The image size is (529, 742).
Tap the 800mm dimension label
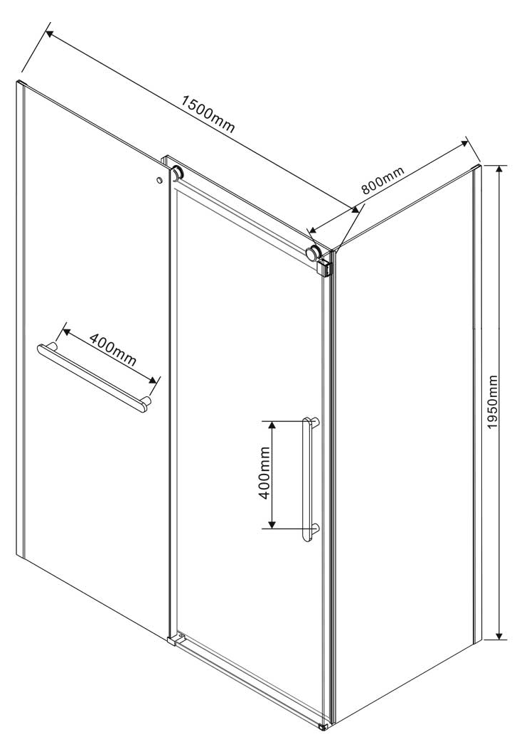[x=383, y=181]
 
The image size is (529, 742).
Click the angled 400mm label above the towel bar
[x=113, y=350]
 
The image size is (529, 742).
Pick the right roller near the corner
[x=313, y=253]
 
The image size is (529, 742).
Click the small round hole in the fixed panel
[x=159, y=180]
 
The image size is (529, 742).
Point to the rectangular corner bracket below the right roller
[x=326, y=267]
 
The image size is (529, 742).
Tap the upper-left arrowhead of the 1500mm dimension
[x=50, y=33]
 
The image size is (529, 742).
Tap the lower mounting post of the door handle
[x=315, y=528]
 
